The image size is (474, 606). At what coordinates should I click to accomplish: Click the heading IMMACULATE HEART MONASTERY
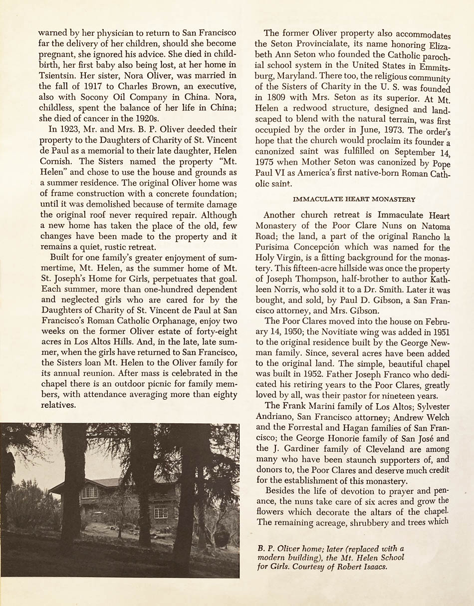[354, 200]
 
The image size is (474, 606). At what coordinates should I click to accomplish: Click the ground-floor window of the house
[161, 512]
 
